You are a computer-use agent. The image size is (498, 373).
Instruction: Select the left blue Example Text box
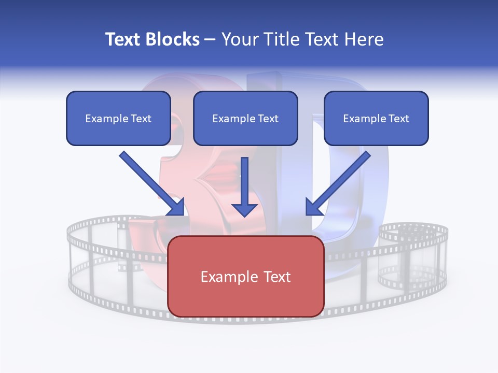pyautogui.click(x=118, y=118)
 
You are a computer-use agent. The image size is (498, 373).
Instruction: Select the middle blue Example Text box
pyautogui.click(x=245, y=118)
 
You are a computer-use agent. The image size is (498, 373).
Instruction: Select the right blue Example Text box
pyautogui.click(x=376, y=118)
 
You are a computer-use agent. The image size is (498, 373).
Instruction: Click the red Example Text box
pyautogui.click(x=246, y=276)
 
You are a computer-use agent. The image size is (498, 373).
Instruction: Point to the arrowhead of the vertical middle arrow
pyautogui.click(x=244, y=209)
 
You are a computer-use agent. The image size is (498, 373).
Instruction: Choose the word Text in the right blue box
pyautogui.click(x=398, y=119)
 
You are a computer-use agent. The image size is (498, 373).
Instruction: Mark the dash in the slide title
pyautogui.click(x=210, y=40)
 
